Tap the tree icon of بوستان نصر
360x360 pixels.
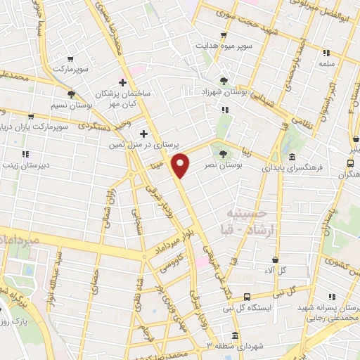(x=224, y=153)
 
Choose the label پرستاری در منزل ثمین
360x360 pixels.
(x=139, y=143)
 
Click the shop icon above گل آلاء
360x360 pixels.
(x=275, y=259)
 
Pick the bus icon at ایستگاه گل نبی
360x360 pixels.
(x=246, y=297)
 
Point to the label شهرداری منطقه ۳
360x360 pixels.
(x=224, y=345)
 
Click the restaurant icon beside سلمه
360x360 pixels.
(x=326, y=52)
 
